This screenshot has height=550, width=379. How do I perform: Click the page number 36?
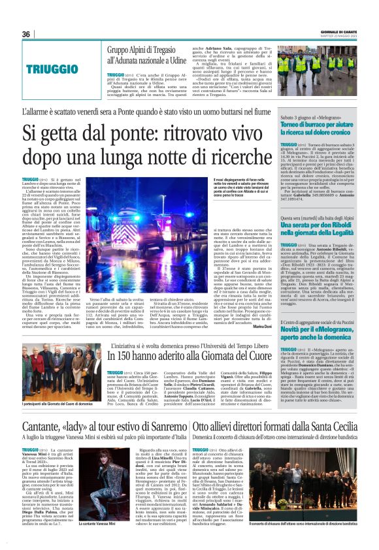coord(26,35)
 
